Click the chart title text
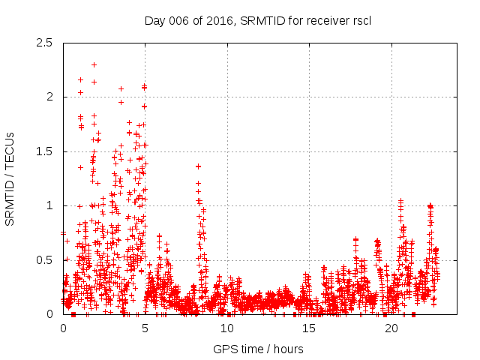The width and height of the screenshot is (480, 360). pyautogui.click(x=258, y=20)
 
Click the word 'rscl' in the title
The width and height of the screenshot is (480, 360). pyautogui.click(x=361, y=20)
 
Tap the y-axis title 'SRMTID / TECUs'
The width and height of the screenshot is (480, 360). pyautogui.click(x=10, y=178)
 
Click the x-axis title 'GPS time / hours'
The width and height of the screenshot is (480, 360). pyautogui.click(x=258, y=349)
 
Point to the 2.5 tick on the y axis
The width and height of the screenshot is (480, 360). pyautogui.click(x=46, y=43)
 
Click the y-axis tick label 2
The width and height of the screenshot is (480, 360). pyautogui.click(x=50, y=97)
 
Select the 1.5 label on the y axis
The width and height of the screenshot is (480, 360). pyautogui.click(x=46, y=151)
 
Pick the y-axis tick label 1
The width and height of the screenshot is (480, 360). pyautogui.click(x=50, y=205)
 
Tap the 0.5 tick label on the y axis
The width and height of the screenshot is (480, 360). pyautogui.click(x=46, y=260)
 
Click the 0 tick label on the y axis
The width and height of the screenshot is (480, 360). pyautogui.click(x=50, y=314)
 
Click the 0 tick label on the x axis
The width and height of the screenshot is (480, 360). pyautogui.click(x=63, y=328)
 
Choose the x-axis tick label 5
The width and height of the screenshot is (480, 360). pyautogui.click(x=145, y=328)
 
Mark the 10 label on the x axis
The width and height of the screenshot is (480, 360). pyautogui.click(x=227, y=328)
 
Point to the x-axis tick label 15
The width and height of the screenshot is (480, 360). pyautogui.click(x=310, y=328)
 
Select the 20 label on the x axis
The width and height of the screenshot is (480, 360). pyautogui.click(x=391, y=328)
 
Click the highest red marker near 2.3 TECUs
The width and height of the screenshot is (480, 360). pyautogui.click(x=94, y=64)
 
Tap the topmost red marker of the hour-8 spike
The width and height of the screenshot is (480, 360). pyautogui.click(x=198, y=166)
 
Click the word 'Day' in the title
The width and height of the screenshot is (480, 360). pyautogui.click(x=154, y=20)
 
